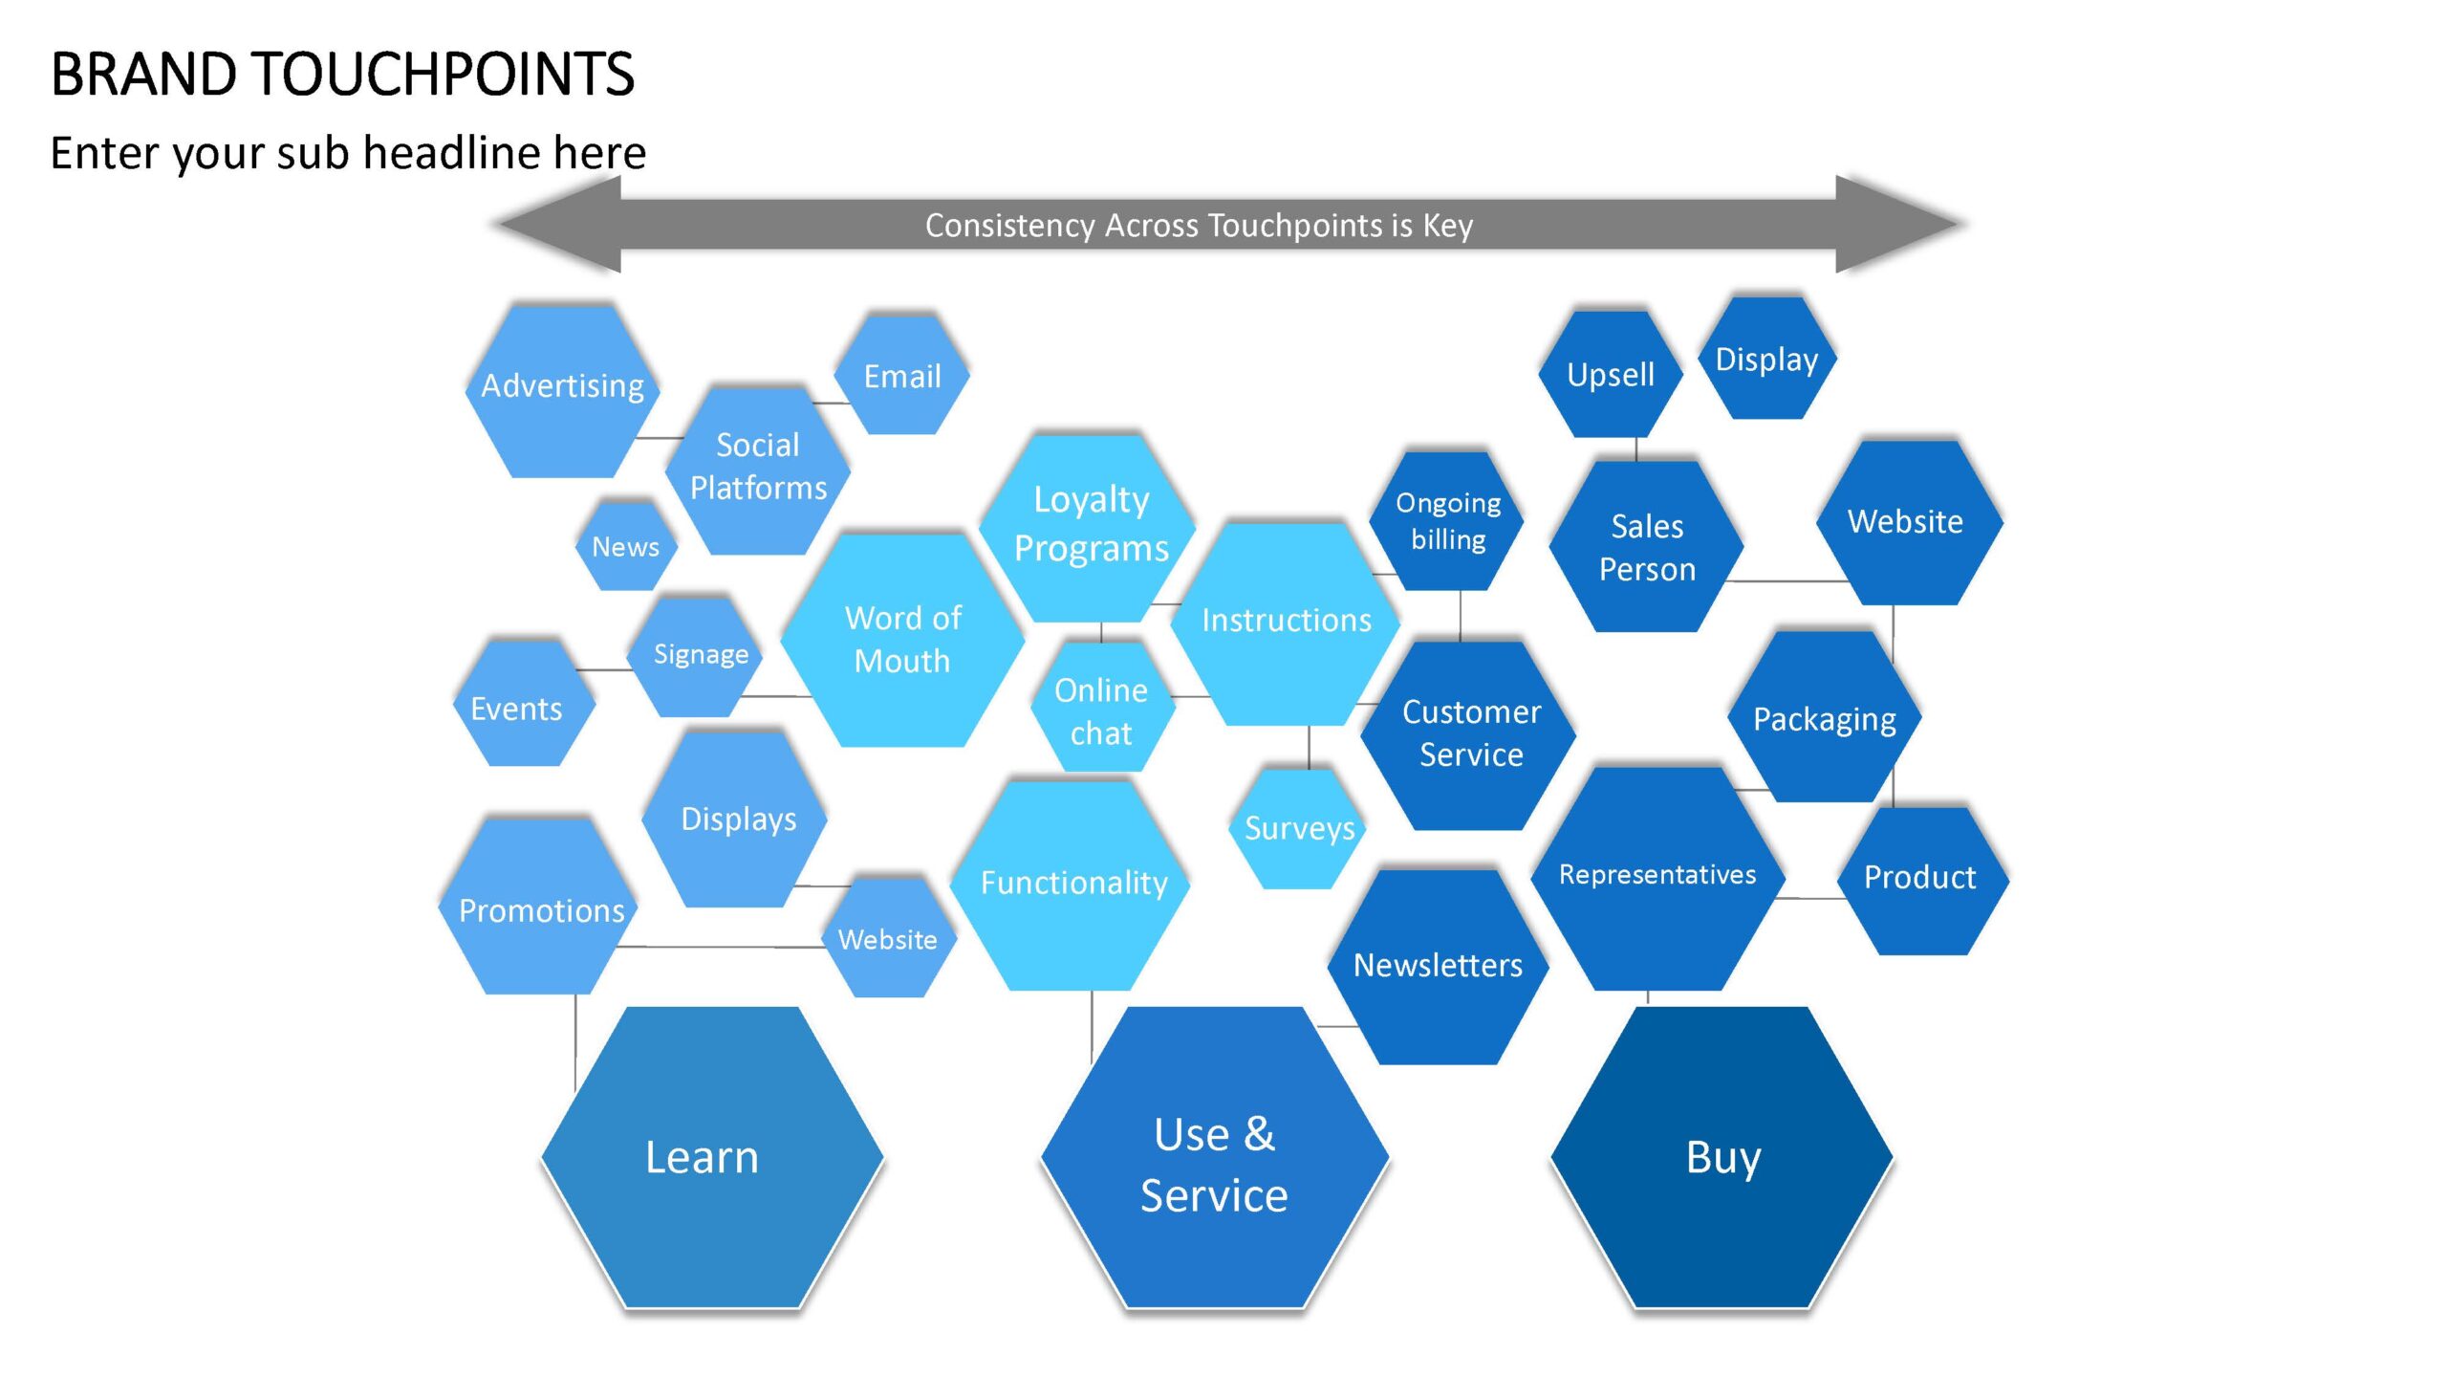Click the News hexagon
click(x=626, y=546)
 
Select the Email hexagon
click(x=902, y=376)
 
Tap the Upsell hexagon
click(x=1611, y=374)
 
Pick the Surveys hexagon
click(x=1299, y=828)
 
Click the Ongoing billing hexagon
click(x=1446, y=521)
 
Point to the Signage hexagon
click(x=701, y=655)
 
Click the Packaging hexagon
click(x=1825, y=716)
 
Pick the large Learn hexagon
click(x=712, y=1157)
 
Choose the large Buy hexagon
click(x=1722, y=1157)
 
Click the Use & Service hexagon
click(x=1215, y=1157)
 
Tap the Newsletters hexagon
click(x=1438, y=967)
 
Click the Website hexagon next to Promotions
click(x=889, y=938)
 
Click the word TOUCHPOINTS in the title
click(x=442, y=74)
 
